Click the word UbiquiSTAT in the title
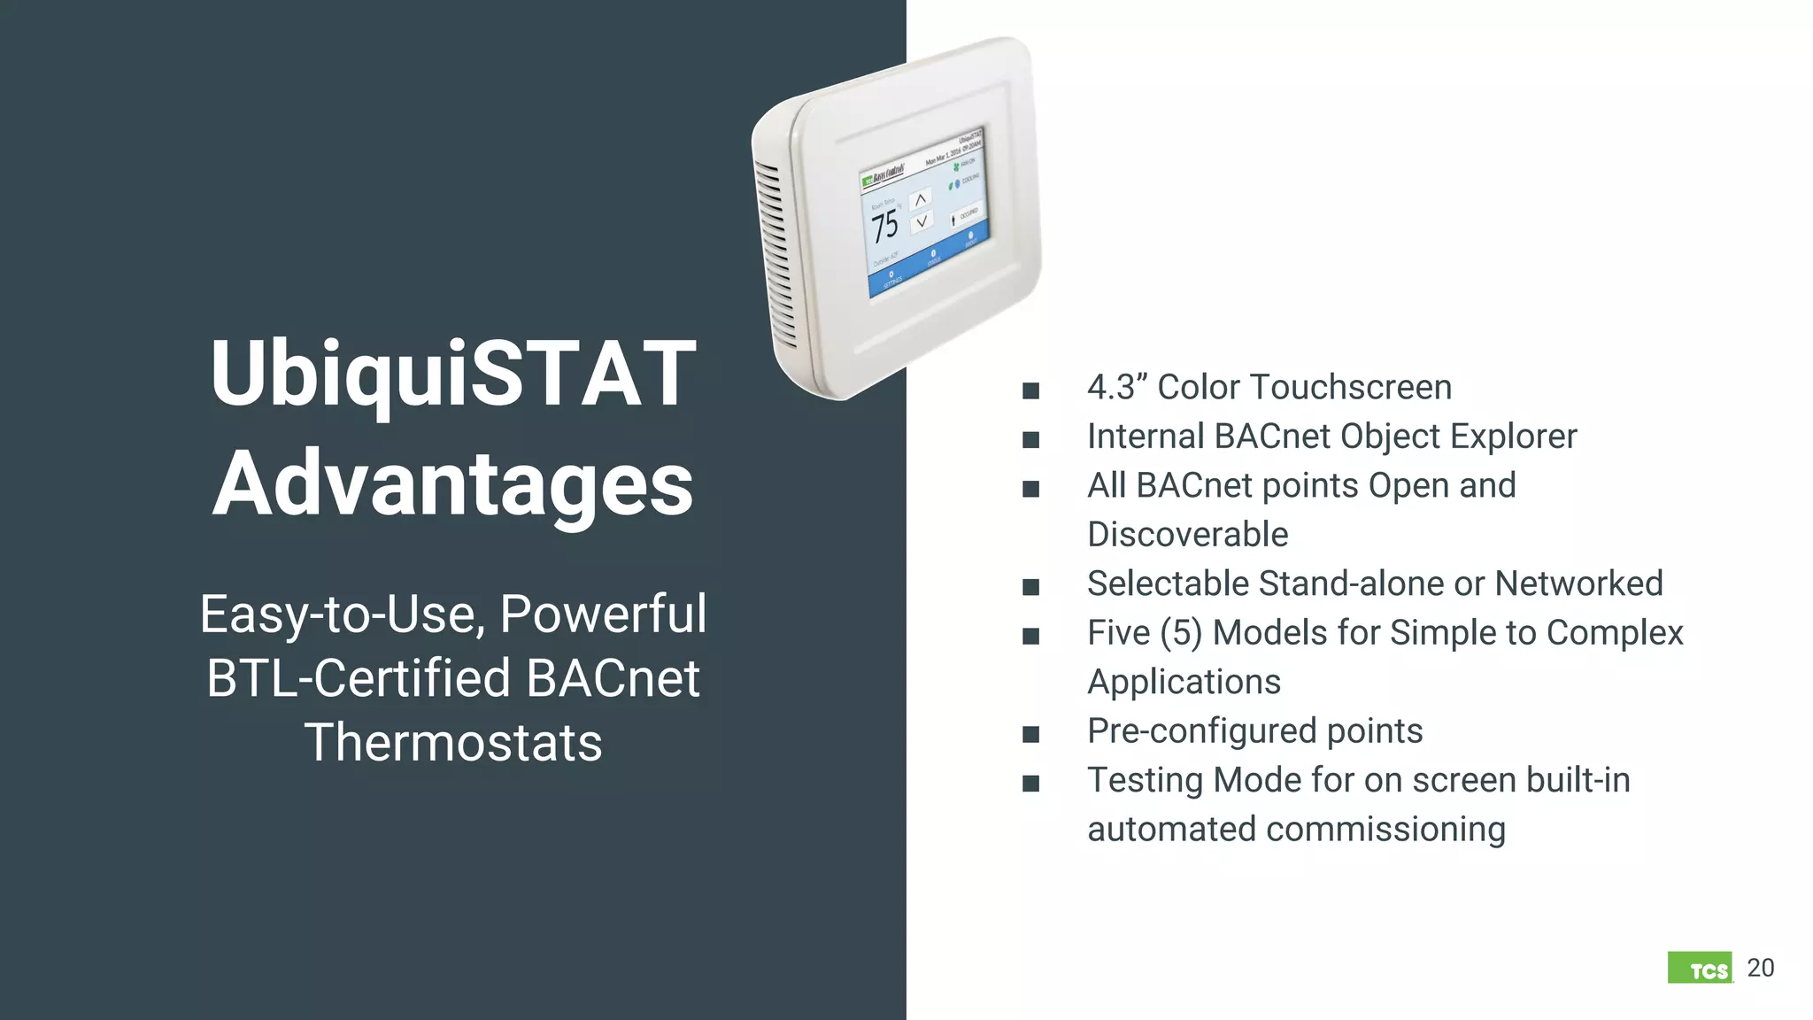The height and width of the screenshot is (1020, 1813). [452, 375]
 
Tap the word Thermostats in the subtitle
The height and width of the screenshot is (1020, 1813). [452, 742]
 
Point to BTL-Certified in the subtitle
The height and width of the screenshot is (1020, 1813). [359, 678]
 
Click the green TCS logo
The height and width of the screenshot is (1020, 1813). [1700, 969]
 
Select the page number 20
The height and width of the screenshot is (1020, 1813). [1761, 968]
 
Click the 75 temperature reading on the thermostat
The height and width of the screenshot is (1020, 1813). [884, 226]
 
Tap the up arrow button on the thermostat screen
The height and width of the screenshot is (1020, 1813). [921, 199]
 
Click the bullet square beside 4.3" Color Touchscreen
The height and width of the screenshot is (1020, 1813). [1030, 390]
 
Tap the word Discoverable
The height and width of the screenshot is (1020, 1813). [1187, 535]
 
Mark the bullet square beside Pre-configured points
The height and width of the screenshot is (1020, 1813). [1030, 734]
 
